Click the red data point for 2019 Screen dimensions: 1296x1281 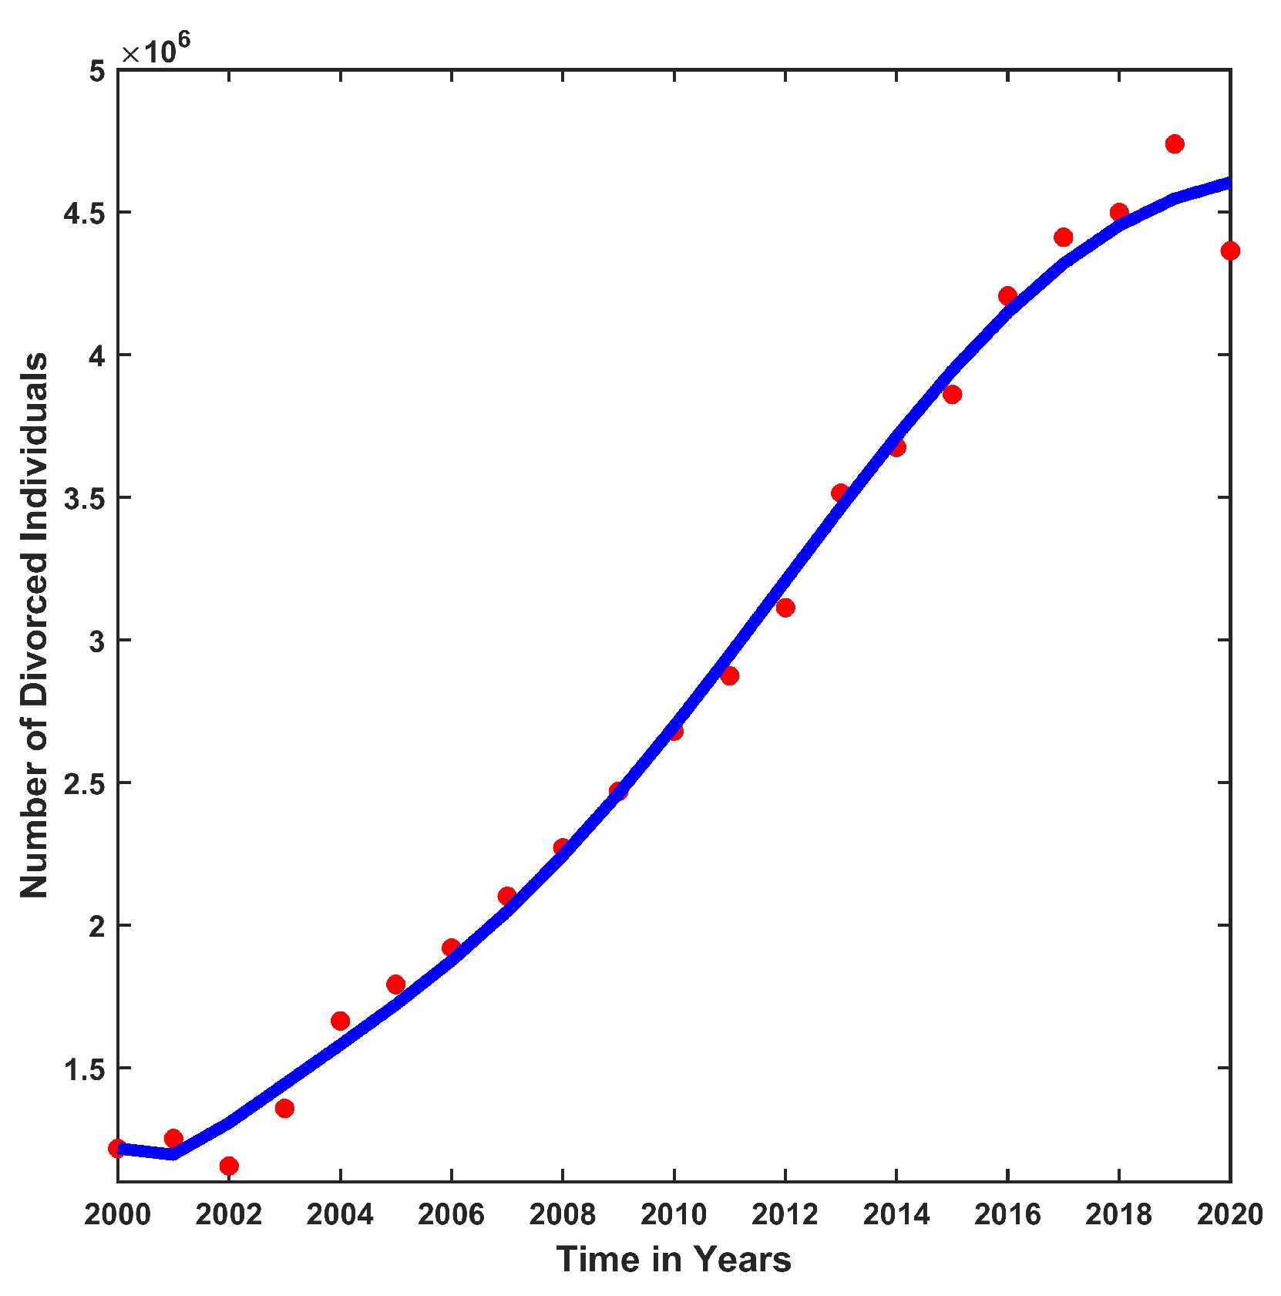coord(1174,143)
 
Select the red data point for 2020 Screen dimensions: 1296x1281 coord(1229,251)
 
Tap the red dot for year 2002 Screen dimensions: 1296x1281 coord(228,1165)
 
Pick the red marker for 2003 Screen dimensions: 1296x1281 coord(284,1108)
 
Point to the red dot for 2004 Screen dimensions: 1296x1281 coord(340,1021)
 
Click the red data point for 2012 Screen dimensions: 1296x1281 coord(785,608)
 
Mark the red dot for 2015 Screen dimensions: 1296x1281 coord(952,394)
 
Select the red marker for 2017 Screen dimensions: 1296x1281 coord(1063,237)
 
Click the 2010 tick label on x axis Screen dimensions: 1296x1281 coord(673,1215)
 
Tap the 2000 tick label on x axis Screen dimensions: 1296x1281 coord(117,1215)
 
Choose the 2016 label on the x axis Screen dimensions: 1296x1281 coord(1007,1215)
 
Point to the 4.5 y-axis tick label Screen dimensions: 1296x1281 coord(83,214)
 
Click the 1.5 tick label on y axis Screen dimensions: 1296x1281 coord(83,1069)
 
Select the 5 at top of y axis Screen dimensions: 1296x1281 coord(96,71)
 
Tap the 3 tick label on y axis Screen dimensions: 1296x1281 coord(96,641)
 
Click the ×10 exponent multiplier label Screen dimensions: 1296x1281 coord(154,51)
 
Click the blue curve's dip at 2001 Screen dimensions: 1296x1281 coord(173,1154)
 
